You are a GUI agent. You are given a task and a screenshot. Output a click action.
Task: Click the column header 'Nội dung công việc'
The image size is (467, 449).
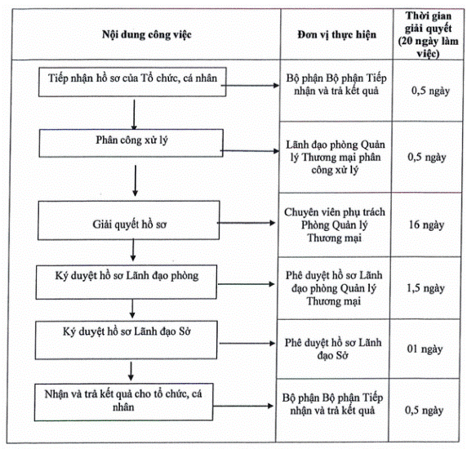pos(146,34)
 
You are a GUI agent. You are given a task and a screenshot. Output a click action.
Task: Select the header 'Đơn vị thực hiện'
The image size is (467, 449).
pos(337,35)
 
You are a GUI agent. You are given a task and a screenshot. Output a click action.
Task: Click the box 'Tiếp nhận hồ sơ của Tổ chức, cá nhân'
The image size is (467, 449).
pos(132,82)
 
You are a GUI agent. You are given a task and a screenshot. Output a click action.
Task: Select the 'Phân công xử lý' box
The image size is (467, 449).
pos(131,143)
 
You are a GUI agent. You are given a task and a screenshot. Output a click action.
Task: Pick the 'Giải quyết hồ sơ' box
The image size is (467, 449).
pos(129,220)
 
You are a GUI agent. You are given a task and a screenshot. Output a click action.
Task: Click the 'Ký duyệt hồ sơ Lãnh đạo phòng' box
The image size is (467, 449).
pos(127,282)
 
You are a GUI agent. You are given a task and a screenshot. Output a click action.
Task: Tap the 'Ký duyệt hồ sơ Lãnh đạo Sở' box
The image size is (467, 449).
pos(127,340)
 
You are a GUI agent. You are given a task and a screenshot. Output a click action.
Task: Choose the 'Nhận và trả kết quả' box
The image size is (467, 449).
pos(123,402)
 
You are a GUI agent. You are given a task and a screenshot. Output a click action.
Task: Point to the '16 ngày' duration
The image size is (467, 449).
pos(426,224)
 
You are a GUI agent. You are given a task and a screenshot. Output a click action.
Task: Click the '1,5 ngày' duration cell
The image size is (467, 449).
pos(425,288)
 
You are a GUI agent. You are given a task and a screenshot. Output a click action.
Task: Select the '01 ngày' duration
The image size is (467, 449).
pos(425,349)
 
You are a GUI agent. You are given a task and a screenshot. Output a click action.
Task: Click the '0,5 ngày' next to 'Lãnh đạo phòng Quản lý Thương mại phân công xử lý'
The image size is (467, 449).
pos(427,158)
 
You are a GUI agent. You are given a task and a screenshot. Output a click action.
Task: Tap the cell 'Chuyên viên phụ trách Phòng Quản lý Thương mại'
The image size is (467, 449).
pos(335,224)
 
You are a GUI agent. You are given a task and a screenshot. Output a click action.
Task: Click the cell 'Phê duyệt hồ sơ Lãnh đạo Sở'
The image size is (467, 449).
pos(333,349)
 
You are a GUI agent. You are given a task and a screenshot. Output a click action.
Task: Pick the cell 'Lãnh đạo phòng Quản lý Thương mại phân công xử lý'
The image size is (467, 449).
pos(336,158)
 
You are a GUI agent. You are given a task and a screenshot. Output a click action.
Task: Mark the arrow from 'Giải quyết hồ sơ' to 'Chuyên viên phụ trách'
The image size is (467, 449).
pos(247,223)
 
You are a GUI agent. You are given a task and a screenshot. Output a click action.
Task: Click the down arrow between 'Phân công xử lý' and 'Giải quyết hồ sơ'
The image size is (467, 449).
pos(136,180)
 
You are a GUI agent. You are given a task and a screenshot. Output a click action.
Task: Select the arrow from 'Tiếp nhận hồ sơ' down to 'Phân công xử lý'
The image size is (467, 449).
pos(134,114)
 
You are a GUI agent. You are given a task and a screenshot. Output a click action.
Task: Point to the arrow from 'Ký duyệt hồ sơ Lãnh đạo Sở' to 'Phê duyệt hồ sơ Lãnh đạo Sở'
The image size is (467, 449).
pos(247,344)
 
